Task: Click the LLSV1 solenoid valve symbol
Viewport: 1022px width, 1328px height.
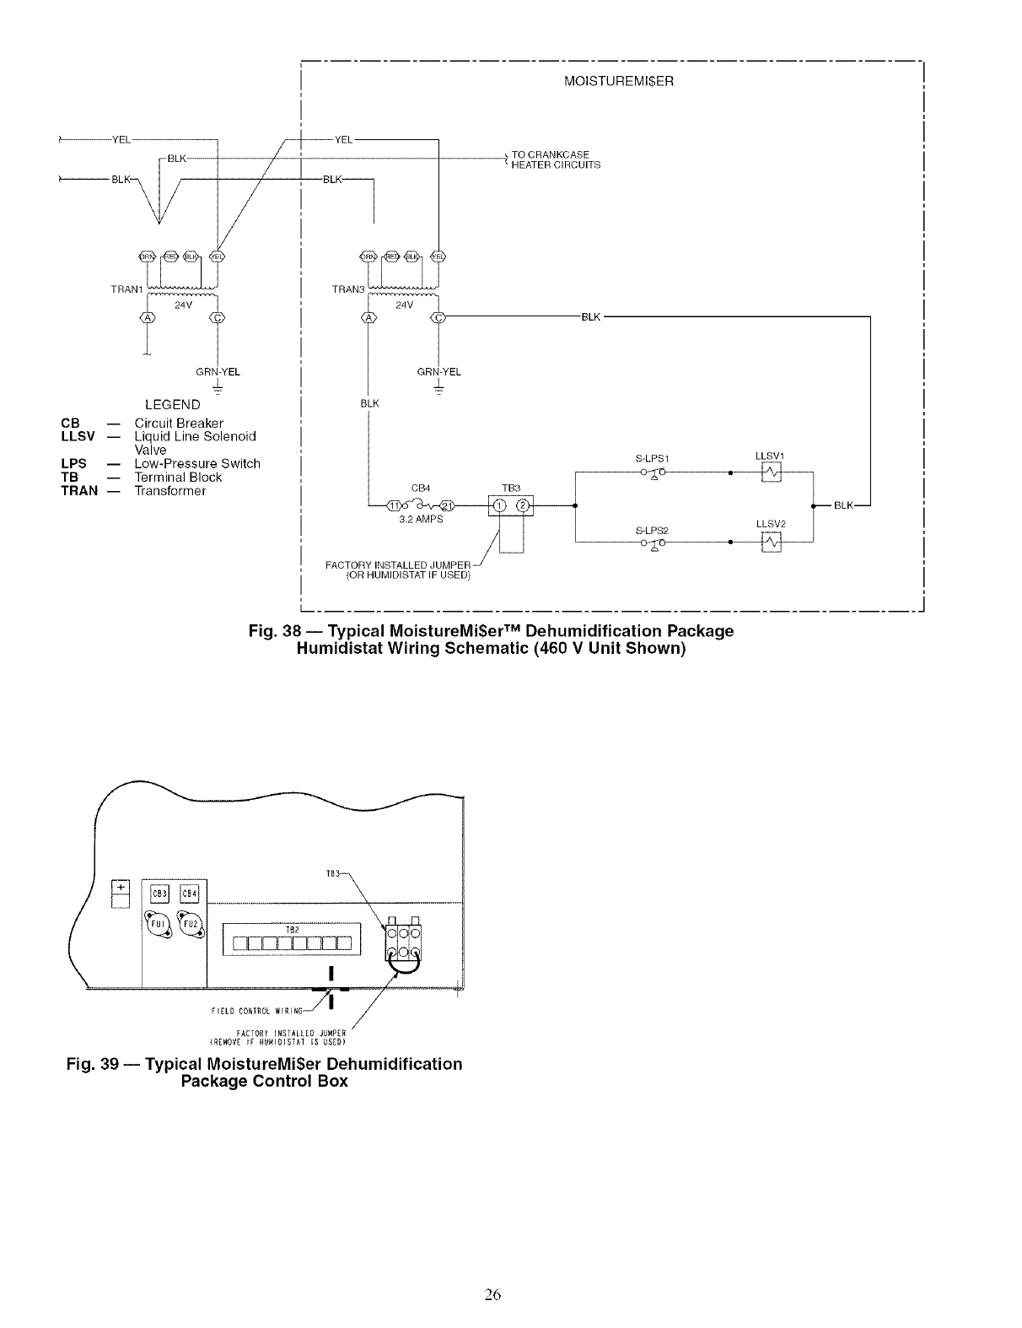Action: coord(772,474)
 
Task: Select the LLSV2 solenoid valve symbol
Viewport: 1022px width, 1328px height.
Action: coord(772,543)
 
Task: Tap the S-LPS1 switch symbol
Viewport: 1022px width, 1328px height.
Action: coord(654,473)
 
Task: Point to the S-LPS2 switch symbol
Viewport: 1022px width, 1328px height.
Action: coord(654,543)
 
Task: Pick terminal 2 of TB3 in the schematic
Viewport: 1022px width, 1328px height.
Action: coord(523,505)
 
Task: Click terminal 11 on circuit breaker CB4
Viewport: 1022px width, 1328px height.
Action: coord(393,505)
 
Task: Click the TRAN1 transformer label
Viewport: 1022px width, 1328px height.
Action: coord(126,289)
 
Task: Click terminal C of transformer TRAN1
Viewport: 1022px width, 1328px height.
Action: coord(218,317)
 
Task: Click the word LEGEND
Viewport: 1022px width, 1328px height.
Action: coord(173,404)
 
